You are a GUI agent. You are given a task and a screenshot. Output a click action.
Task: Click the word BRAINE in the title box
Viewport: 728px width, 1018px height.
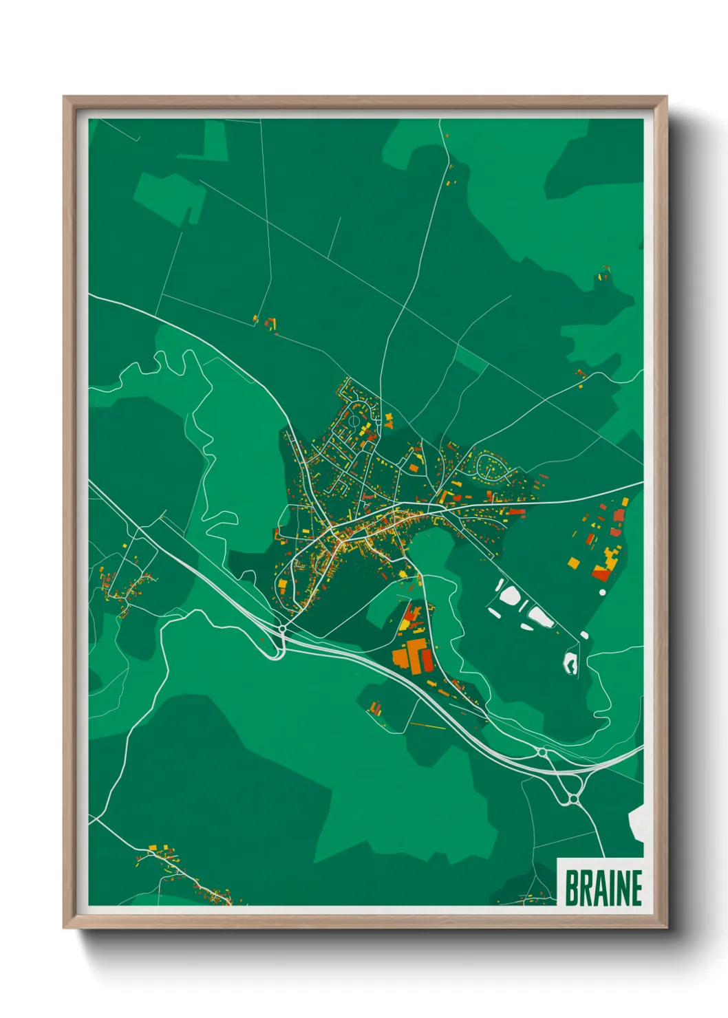pos(603,887)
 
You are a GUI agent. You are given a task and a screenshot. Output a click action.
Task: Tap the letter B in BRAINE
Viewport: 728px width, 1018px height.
pos(572,887)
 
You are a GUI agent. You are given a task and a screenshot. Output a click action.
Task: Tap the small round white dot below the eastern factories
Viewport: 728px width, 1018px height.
pos(603,592)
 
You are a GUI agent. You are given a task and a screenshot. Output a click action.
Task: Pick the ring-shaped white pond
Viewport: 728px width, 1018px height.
pos(570,663)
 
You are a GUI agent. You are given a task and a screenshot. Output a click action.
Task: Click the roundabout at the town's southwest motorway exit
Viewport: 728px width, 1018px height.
pos(283,629)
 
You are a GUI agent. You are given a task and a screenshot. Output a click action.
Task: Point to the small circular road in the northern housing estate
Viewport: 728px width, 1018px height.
pos(354,419)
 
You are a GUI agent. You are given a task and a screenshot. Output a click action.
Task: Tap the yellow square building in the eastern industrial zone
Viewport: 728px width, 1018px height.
pos(573,563)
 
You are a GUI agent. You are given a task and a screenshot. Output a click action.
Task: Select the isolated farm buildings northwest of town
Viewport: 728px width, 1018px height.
pos(269,323)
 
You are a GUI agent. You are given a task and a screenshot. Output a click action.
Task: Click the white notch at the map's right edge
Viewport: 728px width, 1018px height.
pos(636,823)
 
